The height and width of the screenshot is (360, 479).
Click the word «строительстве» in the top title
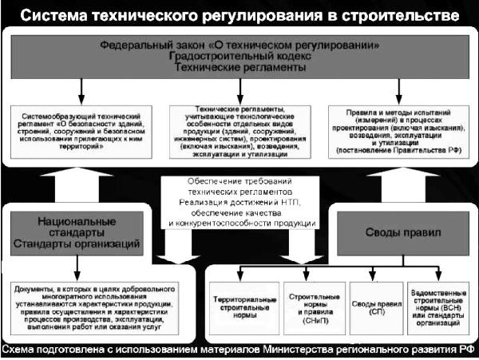click(x=406, y=16)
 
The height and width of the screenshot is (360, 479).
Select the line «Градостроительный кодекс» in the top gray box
click(x=239, y=58)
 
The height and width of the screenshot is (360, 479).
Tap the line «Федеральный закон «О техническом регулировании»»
click(x=239, y=45)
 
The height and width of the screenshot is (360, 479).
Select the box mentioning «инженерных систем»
click(x=239, y=131)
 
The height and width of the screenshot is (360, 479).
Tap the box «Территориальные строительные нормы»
click(x=244, y=307)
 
